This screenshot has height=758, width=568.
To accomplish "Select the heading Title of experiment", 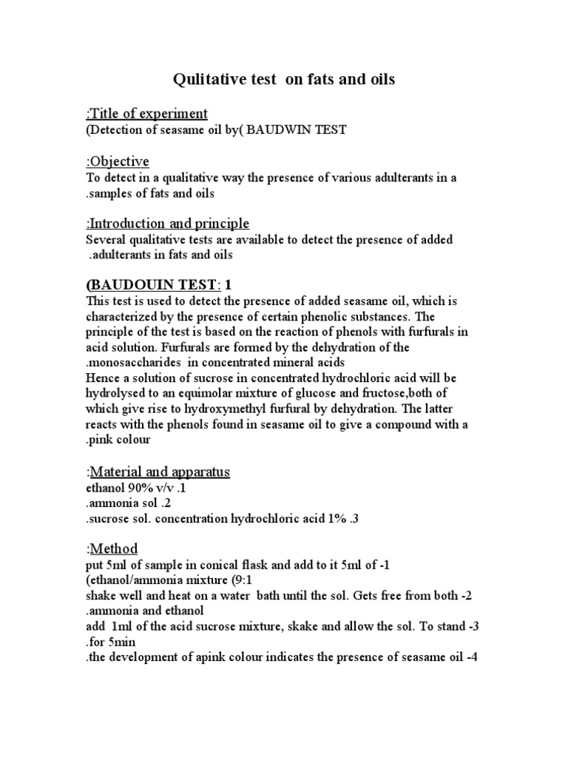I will (x=148, y=113).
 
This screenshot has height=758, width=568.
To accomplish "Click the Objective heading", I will (x=119, y=161).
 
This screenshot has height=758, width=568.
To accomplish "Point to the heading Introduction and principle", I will (x=169, y=224).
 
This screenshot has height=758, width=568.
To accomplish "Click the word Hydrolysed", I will (x=122, y=394).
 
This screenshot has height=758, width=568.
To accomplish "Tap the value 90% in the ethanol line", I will (x=147, y=489).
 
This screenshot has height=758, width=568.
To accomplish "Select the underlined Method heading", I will (x=114, y=549).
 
